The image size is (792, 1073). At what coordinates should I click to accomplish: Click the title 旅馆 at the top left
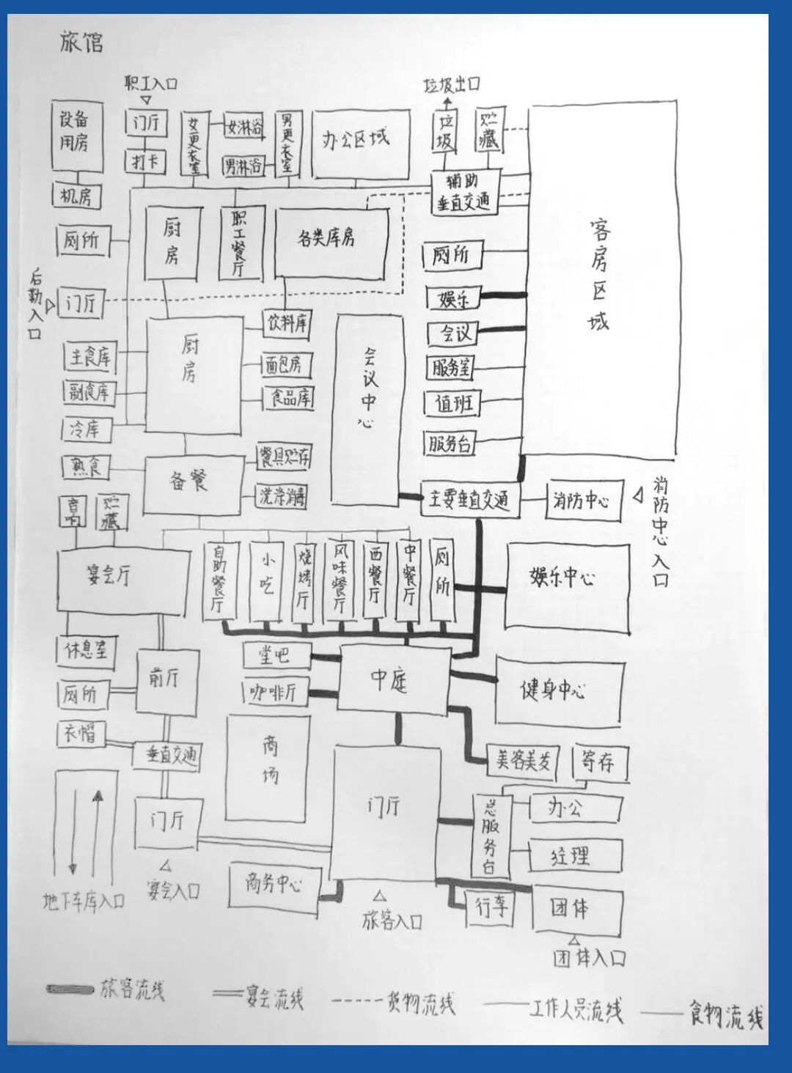pos(81,42)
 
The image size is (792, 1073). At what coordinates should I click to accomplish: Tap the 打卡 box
pos(145,161)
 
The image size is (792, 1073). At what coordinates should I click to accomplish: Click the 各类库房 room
pos(329,239)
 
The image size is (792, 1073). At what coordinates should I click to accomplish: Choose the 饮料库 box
pos(287,322)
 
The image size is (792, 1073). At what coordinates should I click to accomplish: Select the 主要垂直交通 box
pos(469,501)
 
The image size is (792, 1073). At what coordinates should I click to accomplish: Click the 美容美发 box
pos(523,761)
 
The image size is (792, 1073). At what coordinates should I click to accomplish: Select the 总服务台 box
pos(489,836)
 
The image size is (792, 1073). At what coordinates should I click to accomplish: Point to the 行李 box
pos(491,907)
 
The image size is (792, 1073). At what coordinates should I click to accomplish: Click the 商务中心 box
pos(274,885)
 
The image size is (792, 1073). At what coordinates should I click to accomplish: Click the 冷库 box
pos(85,429)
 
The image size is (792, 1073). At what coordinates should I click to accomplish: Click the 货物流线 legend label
pos(420,1003)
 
